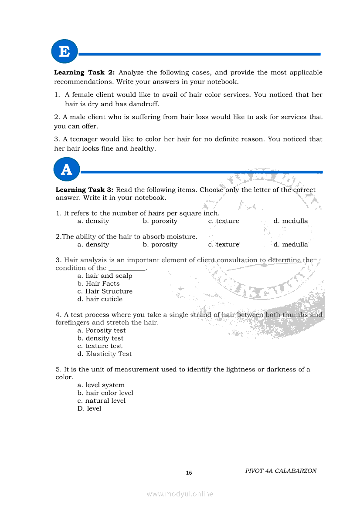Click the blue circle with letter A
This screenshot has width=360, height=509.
point(67,169)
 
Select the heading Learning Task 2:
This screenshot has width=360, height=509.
point(85,73)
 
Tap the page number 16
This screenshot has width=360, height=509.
point(189,473)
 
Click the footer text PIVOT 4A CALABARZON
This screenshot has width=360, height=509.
point(281,471)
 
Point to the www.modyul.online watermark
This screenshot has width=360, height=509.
point(180,494)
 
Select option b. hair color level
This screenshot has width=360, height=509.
point(105,393)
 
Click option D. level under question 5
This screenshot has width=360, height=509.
point(89,408)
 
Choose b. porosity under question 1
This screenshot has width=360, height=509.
point(160,221)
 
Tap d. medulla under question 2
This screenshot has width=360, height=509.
point(291,245)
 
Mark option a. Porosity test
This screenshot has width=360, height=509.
point(102,330)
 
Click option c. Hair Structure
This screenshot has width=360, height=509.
point(105,291)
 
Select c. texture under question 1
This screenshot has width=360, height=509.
point(224,221)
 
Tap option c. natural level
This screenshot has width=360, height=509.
point(102,401)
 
